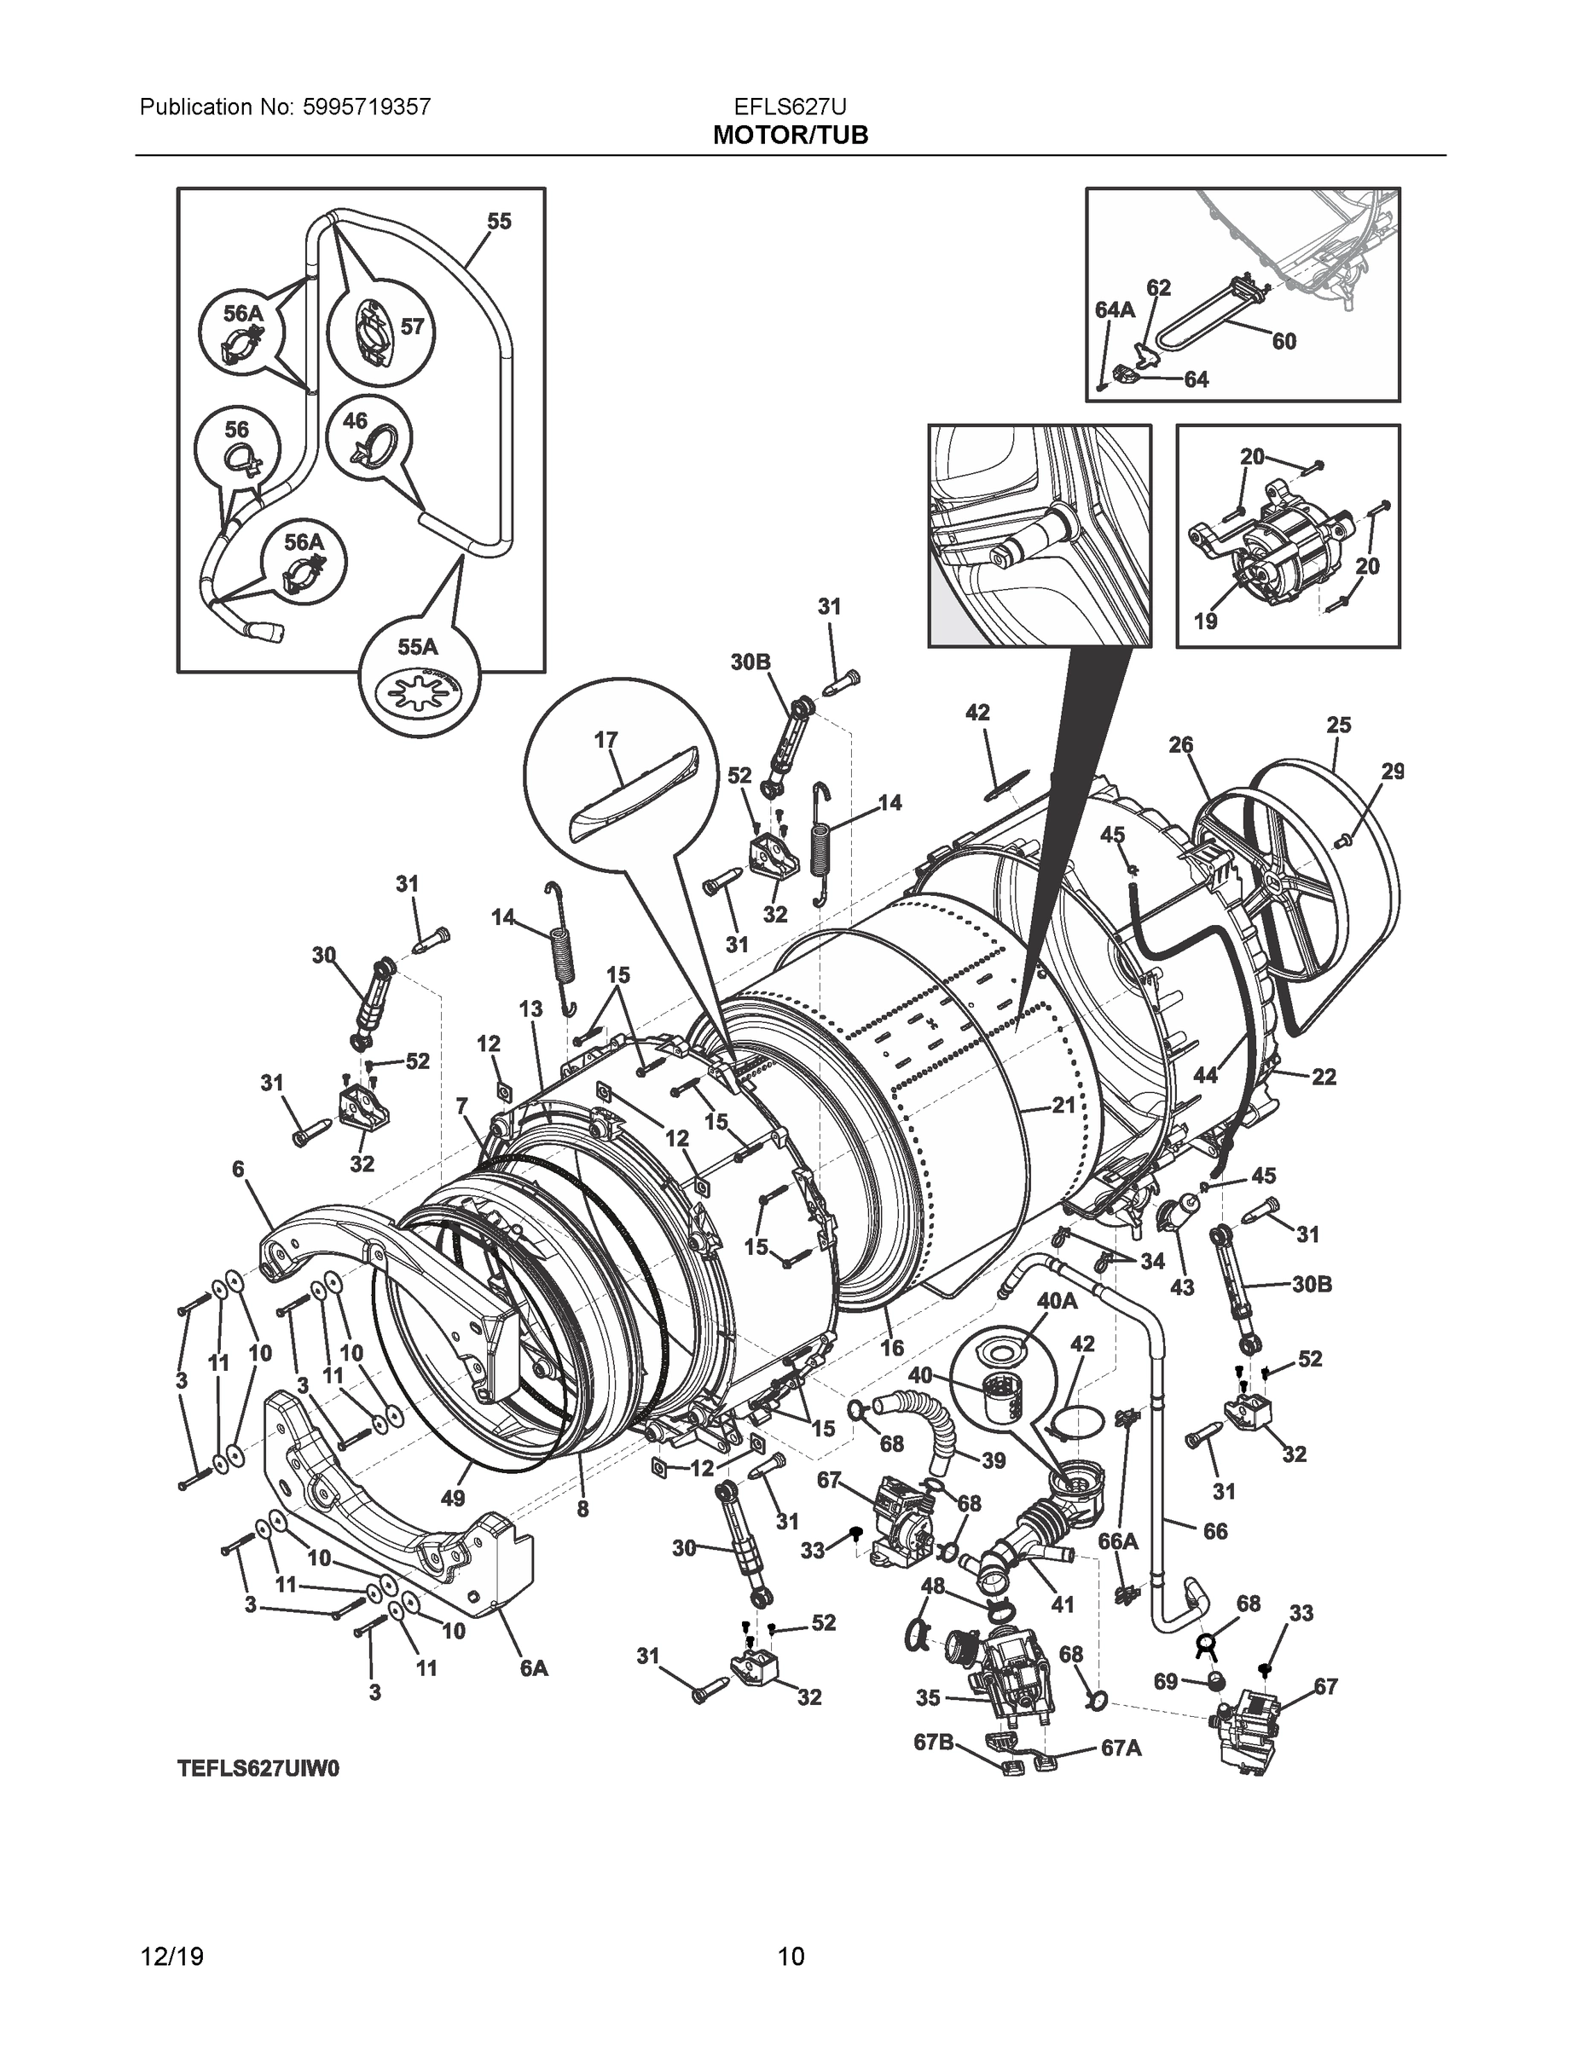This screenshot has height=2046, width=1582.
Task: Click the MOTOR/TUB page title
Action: [x=790, y=136]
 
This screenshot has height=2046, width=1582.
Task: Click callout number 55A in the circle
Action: [x=417, y=647]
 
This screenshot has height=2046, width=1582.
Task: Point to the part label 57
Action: [x=413, y=327]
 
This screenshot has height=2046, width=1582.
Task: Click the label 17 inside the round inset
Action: [x=606, y=739]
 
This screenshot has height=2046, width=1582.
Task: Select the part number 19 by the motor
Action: [x=1204, y=621]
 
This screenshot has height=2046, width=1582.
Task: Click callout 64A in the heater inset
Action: [x=1115, y=310]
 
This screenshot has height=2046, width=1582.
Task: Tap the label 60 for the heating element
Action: [x=1284, y=342]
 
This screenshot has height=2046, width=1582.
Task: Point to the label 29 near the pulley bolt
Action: [x=1393, y=771]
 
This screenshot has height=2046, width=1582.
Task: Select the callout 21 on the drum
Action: [x=1063, y=1106]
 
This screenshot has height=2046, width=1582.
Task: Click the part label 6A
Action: [x=533, y=1667]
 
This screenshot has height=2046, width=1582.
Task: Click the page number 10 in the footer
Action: [x=791, y=1957]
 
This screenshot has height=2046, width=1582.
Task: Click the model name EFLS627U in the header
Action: [x=790, y=107]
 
